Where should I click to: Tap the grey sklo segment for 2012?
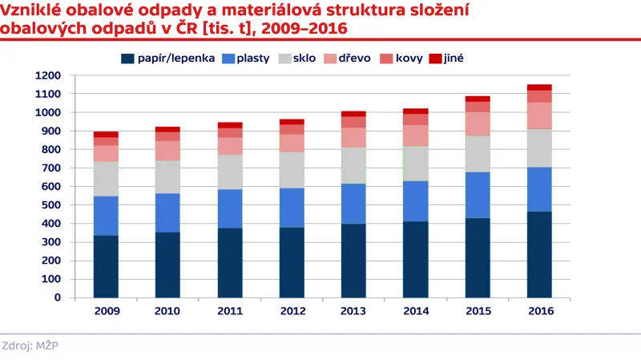(292, 170)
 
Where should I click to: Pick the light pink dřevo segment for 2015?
(477, 123)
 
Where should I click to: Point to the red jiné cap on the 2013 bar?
(353, 114)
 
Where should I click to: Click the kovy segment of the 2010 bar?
(167, 136)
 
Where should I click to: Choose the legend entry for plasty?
(245, 59)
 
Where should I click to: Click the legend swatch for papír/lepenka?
(127, 59)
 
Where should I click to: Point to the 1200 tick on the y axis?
(48, 75)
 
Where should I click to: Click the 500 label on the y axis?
(51, 205)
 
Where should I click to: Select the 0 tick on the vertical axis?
(58, 297)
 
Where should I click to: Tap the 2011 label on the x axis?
(229, 310)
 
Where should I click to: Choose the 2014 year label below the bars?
(415, 310)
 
